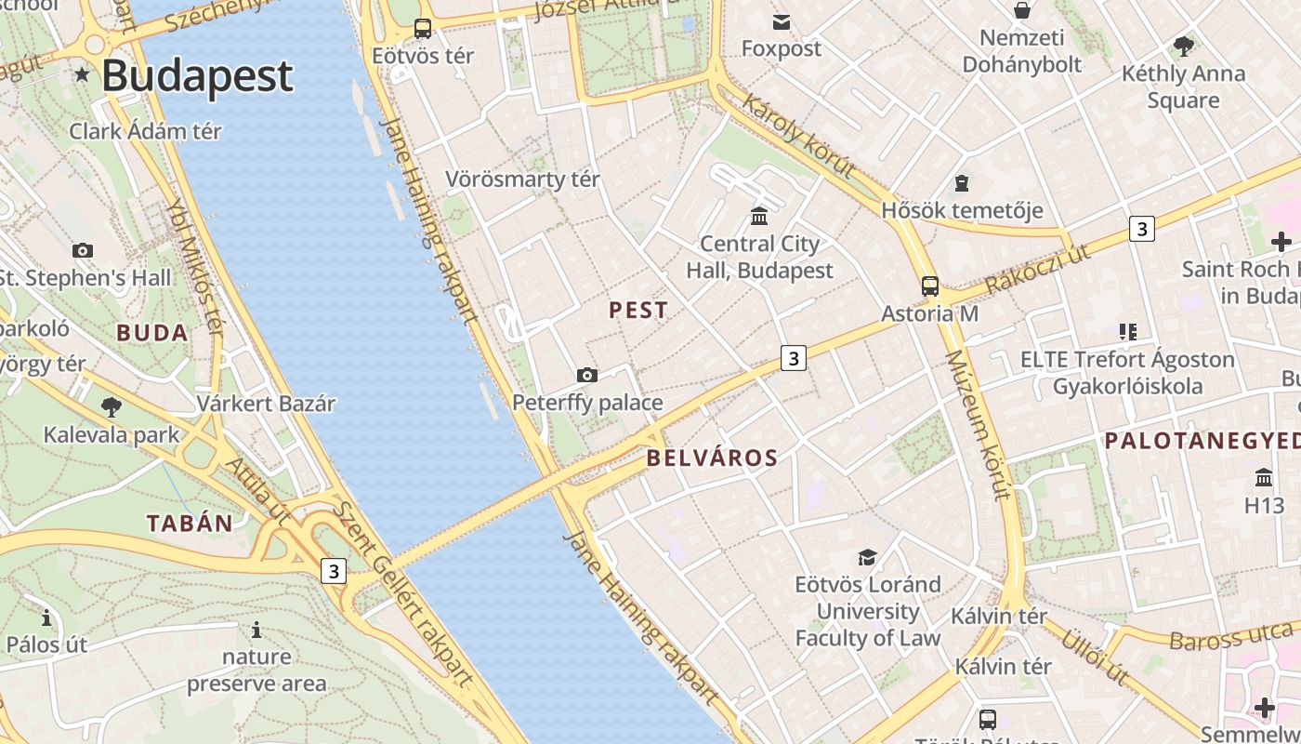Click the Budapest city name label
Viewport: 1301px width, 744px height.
point(197,76)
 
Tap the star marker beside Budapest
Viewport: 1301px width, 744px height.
point(83,75)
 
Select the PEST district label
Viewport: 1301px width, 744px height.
point(637,311)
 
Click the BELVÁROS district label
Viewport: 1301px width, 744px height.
point(712,458)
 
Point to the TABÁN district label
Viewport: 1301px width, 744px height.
point(190,524)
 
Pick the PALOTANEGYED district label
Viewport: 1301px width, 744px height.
point(1202,442)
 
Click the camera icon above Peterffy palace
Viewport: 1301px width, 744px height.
point(587,375)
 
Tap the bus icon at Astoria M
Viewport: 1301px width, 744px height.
point(929,286)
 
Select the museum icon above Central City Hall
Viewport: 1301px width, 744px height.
point(759,216)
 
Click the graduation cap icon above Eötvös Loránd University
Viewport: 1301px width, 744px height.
point(867,557)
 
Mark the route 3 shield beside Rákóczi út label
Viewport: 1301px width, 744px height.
point(1141,228)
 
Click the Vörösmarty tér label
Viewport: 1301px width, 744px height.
point(522,179)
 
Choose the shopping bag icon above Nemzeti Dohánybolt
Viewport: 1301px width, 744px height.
point(1021,10)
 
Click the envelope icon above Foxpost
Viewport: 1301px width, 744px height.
point(781,21)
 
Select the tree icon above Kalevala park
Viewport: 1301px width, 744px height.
point(112,406)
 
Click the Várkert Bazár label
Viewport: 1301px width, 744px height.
point(266,404)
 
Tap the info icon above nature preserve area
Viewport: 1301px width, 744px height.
point(256,631)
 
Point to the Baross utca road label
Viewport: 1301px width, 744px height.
point(1230,637)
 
